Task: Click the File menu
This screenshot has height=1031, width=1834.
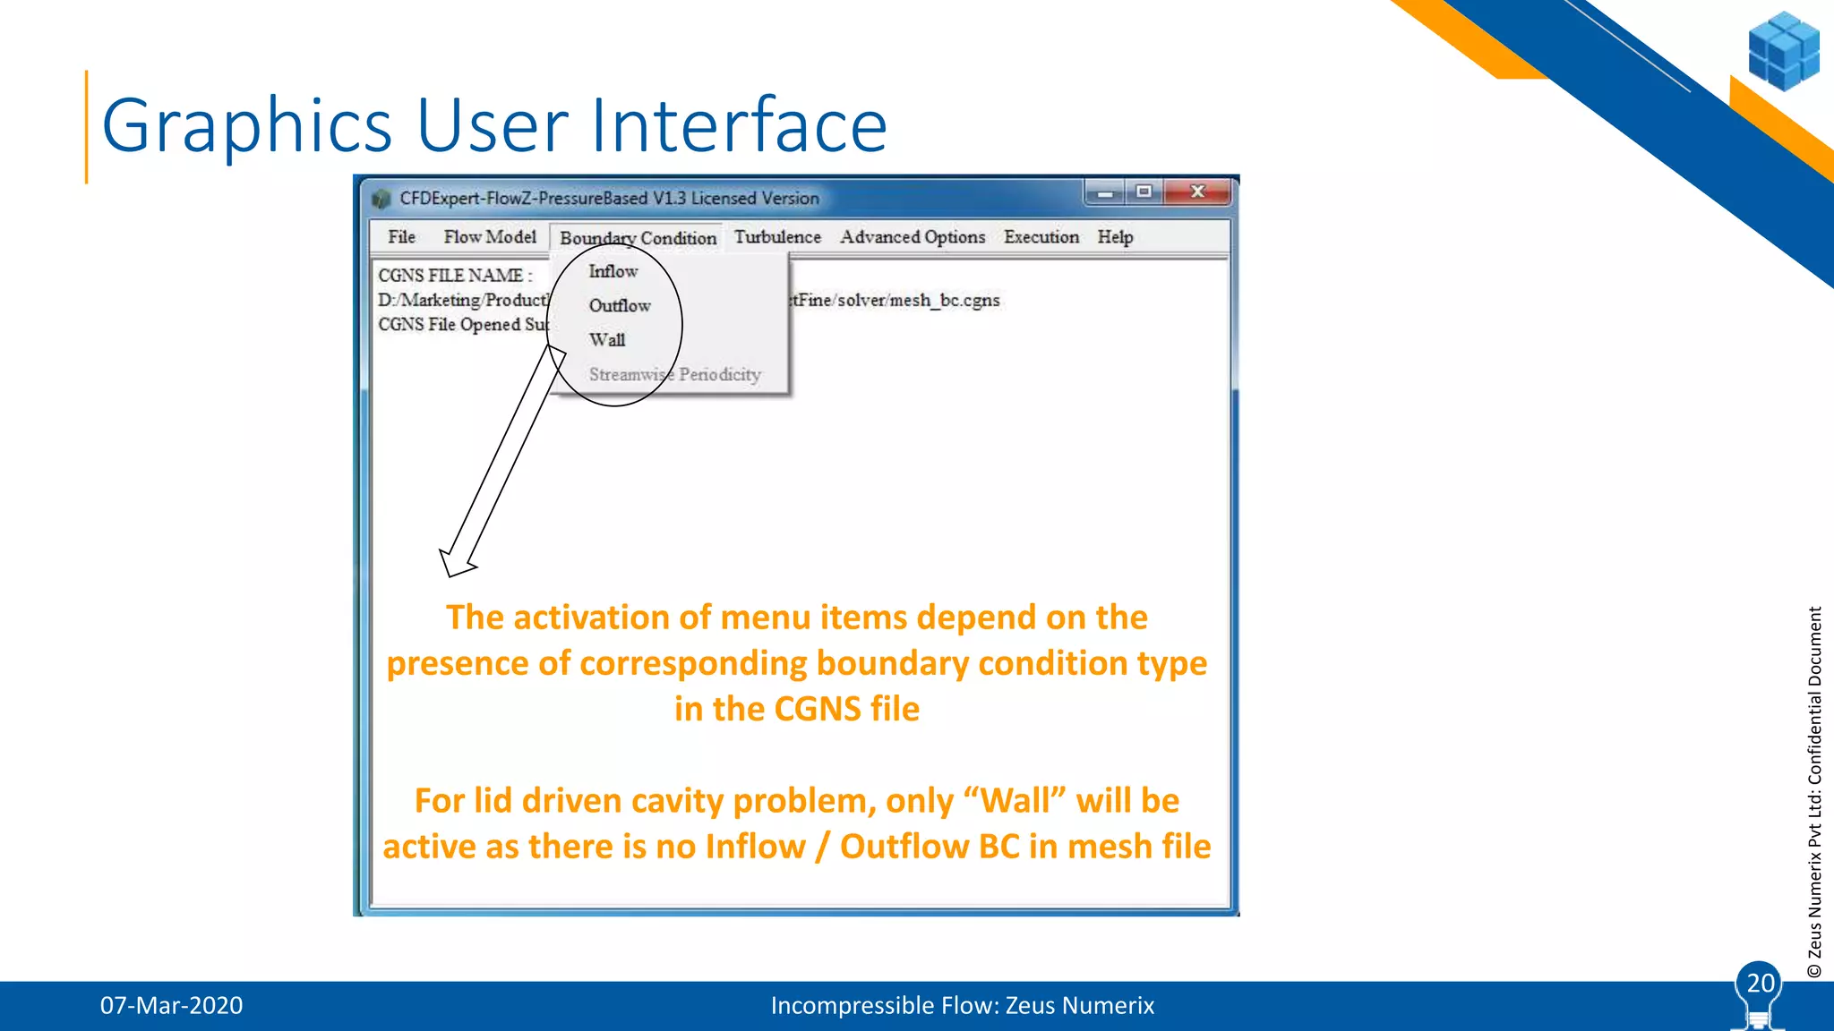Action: tap(401, 237)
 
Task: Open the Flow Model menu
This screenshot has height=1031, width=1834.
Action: tap(490, 237)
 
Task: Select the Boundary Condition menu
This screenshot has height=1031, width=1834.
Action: tap(638, 238)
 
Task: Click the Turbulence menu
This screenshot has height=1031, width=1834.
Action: tap(777, 237)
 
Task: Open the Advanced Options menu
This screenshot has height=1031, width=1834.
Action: tap(912, 237)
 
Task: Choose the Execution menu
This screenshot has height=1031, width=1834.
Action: tap(1041, 237)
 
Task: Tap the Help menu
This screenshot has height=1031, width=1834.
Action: tap(1115, 237)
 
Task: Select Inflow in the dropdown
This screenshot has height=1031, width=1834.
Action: tap(613, 271)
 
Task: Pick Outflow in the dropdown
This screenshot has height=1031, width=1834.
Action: tap(620, 306)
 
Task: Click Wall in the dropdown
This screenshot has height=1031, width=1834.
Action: tap(607, 340)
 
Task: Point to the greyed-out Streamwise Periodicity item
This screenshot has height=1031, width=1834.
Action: tap(674, 375)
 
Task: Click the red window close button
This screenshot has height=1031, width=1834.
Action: tap(1198, 192)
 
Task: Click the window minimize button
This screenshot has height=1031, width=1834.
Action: tap(1105, 192)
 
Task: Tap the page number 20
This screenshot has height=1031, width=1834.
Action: tap(1760, 984)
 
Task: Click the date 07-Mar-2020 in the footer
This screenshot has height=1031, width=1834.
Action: tap(171, 1006)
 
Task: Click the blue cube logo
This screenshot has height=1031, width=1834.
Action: tap(1783, 51)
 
